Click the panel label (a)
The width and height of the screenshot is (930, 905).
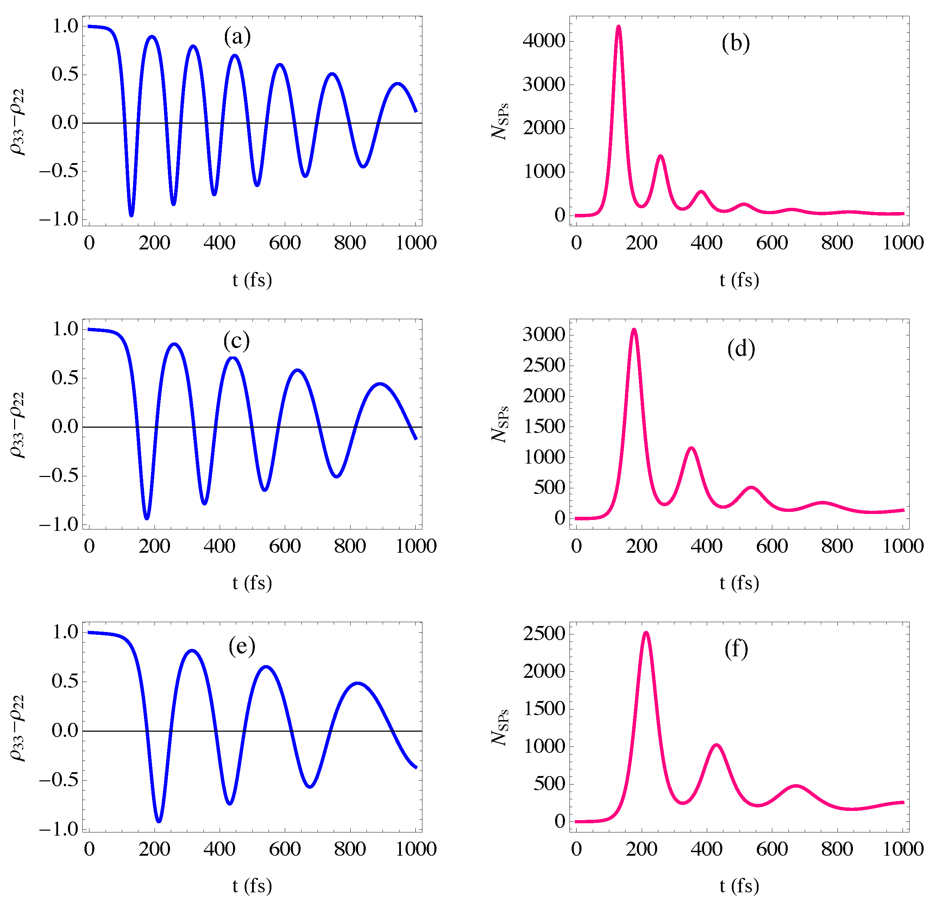[237, 37]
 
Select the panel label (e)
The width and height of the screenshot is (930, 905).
[242, 646]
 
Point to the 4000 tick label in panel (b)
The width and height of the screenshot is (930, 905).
[544, 41]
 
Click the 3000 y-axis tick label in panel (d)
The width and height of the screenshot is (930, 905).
[544, 335]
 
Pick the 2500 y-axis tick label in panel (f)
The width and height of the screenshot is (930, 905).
[544, 634]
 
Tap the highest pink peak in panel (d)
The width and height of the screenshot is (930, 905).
[634, 329]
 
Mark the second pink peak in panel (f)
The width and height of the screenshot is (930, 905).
[716, 745]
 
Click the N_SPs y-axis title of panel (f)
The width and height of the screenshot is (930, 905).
[500, 727]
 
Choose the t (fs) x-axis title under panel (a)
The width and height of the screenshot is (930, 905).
[252, 280]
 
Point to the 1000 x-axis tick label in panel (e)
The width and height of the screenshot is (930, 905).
[416, 849]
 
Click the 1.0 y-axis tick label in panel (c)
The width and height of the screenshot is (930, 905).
[65, 329]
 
